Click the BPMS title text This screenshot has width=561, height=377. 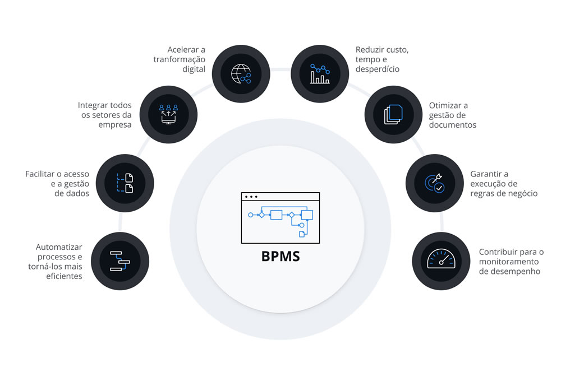coord(280,257)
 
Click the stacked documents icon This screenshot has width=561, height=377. coord(393,114)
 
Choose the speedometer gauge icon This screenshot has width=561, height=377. coord(441,260)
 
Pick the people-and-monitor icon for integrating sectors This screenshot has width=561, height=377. coord(168,114)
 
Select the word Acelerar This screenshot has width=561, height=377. coord(183,50)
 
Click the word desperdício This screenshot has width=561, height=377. coord(378,69)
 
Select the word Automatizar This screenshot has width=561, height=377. coord(59,246)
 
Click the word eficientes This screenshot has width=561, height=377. coord(65,276)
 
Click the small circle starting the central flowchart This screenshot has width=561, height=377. coord(250,215)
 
